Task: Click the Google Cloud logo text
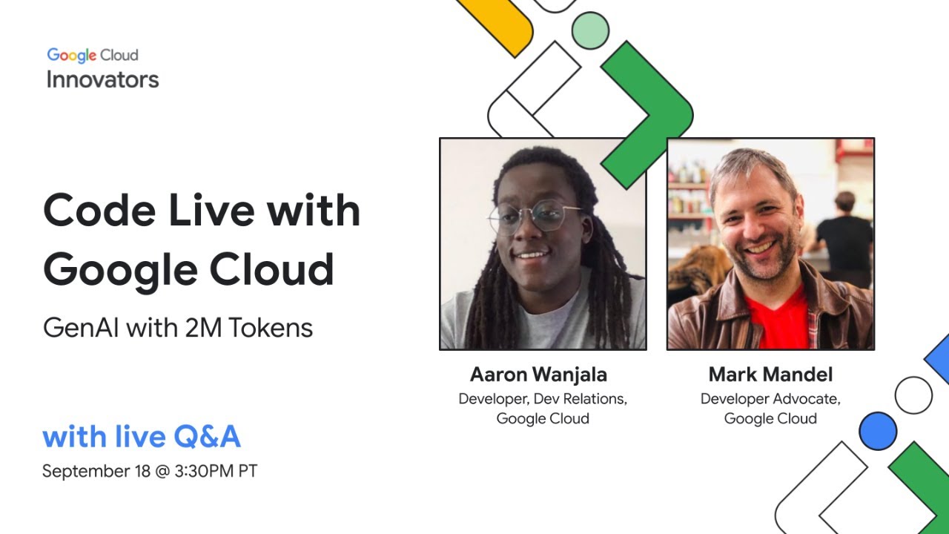pyautogui.click(x=93, y=56)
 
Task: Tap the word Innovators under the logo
pyautogui.click(x=102, y=79)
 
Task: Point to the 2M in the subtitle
pyautogui.click(x=204, y=327)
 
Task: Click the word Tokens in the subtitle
pyautogui.click(x=271, y=327)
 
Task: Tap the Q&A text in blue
pyautogui.click(x=206, y=437)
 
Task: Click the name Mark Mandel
pyautogui.click(x=770, y=374)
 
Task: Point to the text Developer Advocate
pyautogui.click(x=770, y=399)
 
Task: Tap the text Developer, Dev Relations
pyautogui.click(x=543, y=399)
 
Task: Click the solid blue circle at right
pyautogui.click(x=878, y=431)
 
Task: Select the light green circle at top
pyautogui.click(x=590, y=30)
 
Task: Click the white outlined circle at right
pyautogui.click(x=913, y=395)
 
